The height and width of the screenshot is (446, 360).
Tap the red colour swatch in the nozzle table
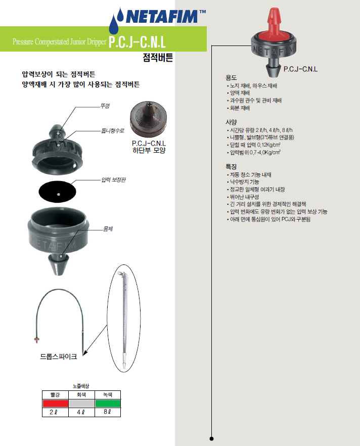point(55,404)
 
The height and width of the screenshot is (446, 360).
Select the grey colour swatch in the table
point(81,404)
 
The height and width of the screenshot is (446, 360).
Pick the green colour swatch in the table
point(108,404)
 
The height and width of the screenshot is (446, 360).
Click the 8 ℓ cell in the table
point(108,412)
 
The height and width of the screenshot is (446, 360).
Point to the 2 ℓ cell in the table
point(55,412)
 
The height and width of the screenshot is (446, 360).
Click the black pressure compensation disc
point(58,192)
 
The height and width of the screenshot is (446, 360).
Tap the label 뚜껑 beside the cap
point(105,106)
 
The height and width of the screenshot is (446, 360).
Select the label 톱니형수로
point(113,130)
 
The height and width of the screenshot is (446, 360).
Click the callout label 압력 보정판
point(113,180)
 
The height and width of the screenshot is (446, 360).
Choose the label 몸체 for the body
point(108,229)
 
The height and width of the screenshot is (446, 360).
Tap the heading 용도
point(231,78)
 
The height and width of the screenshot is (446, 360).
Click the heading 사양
point(231,122)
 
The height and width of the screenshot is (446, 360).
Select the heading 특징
point(231,167)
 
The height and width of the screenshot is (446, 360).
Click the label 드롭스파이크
point(59,356)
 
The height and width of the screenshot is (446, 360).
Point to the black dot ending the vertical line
point(211,438)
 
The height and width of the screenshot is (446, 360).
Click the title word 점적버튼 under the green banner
point(158,58)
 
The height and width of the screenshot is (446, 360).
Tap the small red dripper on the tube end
point(37,339)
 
